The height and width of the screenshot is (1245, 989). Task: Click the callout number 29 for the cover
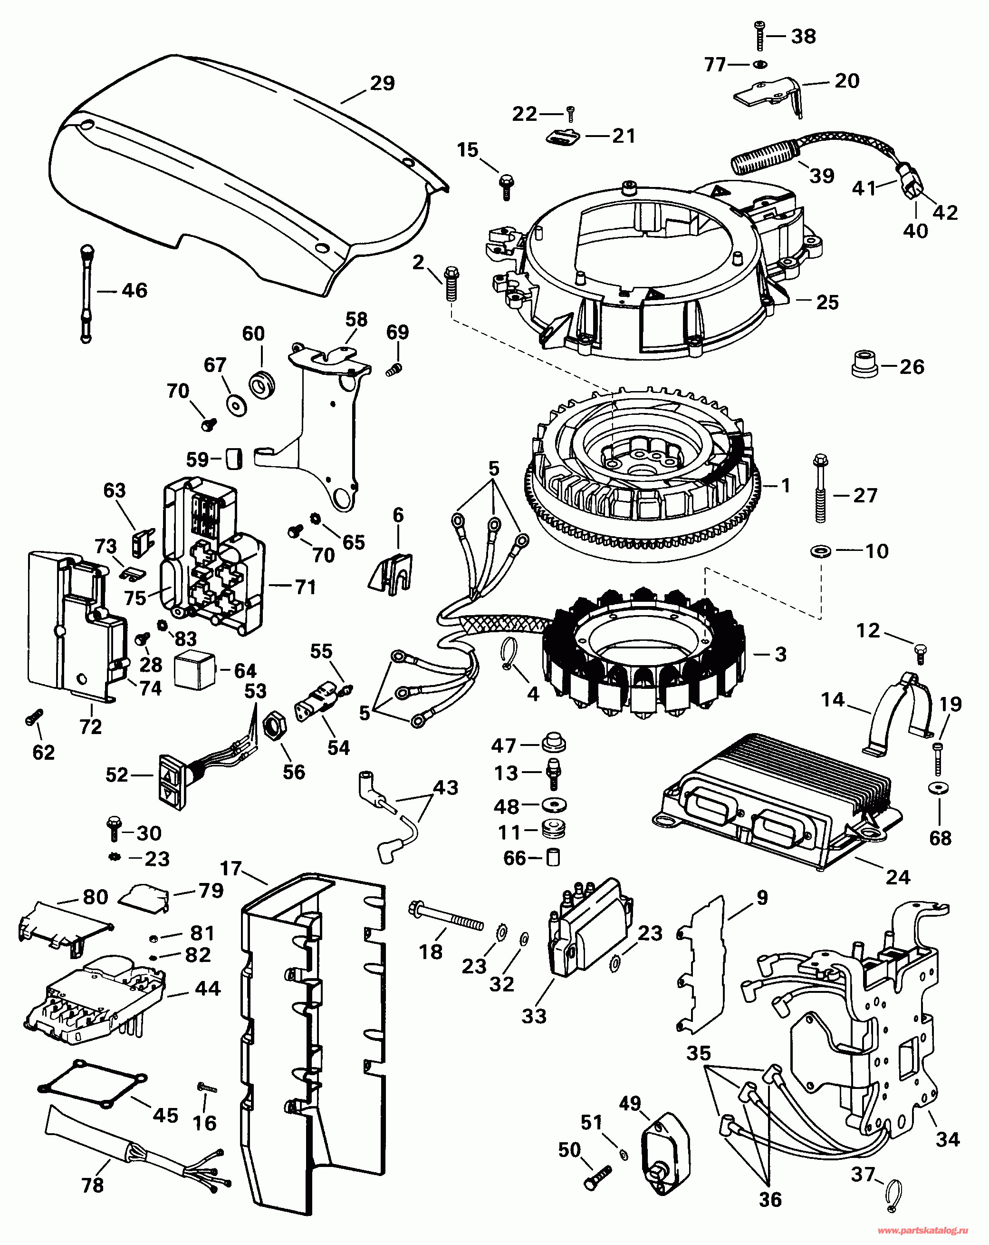(x=382, y=84)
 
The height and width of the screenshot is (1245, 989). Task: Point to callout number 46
(x=134, y=291)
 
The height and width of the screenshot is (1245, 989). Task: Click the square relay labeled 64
(x=195, y=670)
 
